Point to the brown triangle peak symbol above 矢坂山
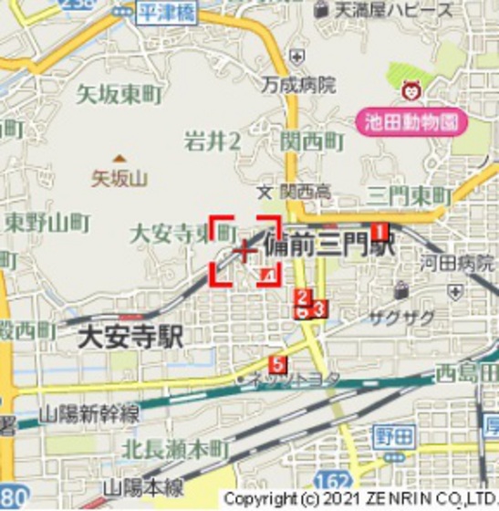[120, 159]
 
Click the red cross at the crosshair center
[244, 250]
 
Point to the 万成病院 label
[296, 86]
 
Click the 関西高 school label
[306, 193]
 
